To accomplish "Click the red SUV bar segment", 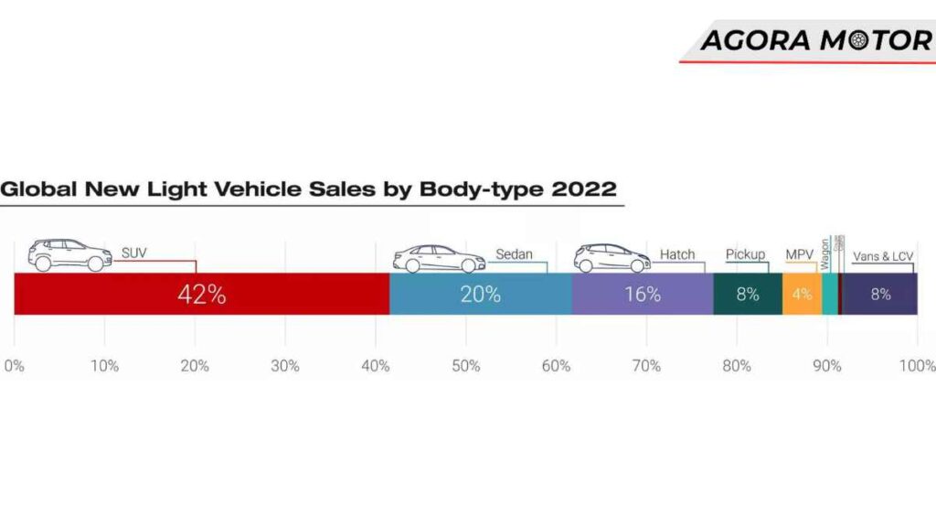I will pos(201,295).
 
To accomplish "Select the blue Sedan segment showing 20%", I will pos(481,295).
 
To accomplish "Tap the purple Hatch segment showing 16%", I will pos(643,295).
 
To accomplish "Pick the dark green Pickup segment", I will pos(748,295).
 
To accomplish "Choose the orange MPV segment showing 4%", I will pos(802,295).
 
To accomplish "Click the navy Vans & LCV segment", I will pos(879,295).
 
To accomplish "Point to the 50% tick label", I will pos(465,366).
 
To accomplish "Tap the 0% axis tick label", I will pos(14,366).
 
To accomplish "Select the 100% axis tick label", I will pos(917,366).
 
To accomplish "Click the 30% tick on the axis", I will pos(285,366).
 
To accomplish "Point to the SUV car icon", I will pos(69,255).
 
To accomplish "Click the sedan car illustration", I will pos(439,258).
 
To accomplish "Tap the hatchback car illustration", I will pos(612,258).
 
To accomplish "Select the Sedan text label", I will pos(514,254).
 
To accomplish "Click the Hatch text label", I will pos(677,254).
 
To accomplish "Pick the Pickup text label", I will pos(745,254).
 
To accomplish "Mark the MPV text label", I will pos(800,254).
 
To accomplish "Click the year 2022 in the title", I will pos(583,189).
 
